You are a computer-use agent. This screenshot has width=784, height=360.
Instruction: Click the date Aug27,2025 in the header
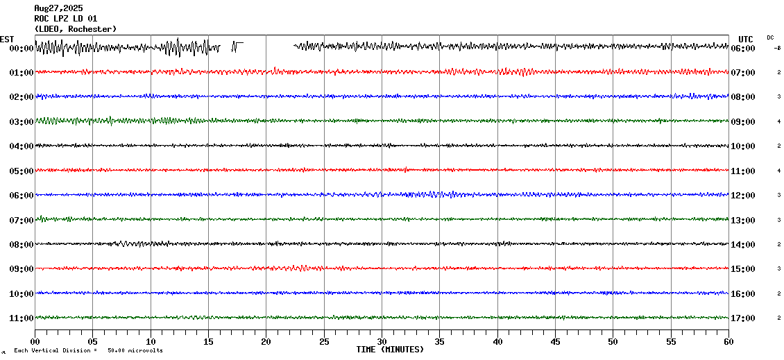pyautogui.click(x=58, y=8)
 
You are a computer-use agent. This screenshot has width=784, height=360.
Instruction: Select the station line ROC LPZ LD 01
pyautogui.click(x=66, y=19)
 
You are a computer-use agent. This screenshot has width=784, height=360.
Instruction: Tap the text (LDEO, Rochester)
pyautogui.click(x=75, y=28)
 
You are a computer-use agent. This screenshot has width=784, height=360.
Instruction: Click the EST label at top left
pyautogui.click(x=7, y=39)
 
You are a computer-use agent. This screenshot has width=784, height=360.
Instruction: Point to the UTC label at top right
pyautogui.click(x=745, y=39)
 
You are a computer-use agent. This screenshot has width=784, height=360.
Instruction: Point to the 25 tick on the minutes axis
pyautogui.click(x=324, y=341)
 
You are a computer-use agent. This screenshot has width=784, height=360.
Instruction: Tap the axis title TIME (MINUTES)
pyautogui.click(x=390, y=350)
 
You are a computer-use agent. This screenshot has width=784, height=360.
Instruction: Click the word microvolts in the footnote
pyautogui.click(x=148, y=350)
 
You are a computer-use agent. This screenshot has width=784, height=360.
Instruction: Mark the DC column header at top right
pyautogui.click(x=770, y=37)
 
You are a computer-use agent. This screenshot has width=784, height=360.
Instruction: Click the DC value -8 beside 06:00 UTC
pyautogui.click(x=777, y=49)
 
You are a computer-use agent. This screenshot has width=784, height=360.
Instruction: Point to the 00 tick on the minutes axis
pyautogui.click(x=35, y=341)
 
